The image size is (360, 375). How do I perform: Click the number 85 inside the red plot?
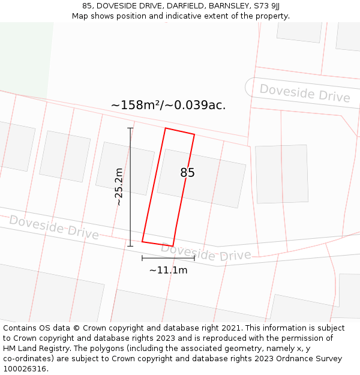click(x=187, y=173)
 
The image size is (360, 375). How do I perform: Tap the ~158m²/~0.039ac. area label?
click(x=168, y=105)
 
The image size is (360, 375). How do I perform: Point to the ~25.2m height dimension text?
click(x=119, y=187)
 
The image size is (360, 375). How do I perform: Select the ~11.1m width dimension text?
click(x=168, y=270)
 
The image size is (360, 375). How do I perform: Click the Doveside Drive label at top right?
click(x=304, y=93)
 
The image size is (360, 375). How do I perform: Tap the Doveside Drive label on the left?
click(x=54, y=227)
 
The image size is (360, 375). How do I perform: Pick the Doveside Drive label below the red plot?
click(x=206, y=252)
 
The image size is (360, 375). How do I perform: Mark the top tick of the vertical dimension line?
click(x=130, y=128)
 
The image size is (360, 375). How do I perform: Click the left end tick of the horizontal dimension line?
click(x=142, y=258)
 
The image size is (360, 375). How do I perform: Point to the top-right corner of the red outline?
click(x=194, y=134)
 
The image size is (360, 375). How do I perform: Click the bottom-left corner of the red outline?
click(x=142, y=241)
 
